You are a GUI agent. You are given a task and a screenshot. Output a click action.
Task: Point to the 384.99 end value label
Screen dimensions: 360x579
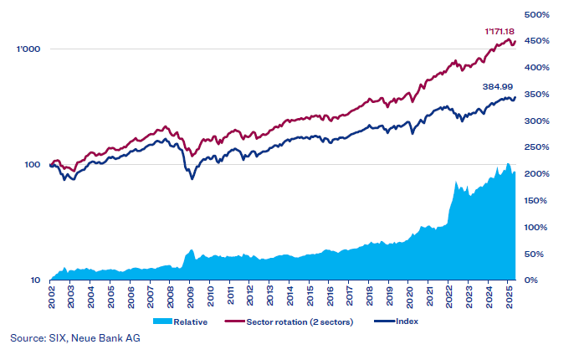pos(500,86)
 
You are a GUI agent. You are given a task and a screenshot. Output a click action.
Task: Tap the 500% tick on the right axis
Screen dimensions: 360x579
pos(535,14)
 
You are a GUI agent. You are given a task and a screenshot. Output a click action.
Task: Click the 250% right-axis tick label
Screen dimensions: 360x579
pos(535,147)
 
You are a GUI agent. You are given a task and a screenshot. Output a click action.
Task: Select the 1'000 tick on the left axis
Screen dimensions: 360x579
pos(28,49)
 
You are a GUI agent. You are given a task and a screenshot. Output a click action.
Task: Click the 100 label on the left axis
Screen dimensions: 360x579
pos(31,165)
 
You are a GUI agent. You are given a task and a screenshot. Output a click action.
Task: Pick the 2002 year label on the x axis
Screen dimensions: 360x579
pos(52,298)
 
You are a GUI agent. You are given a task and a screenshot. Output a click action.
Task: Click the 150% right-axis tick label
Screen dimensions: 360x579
pos(535,200)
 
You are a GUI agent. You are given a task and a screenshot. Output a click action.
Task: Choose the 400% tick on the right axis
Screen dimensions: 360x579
pos(535,67)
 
